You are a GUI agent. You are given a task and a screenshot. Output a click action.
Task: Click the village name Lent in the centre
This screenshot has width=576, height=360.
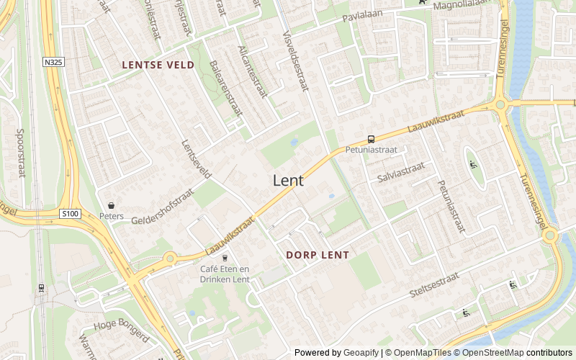[x=288, y=181]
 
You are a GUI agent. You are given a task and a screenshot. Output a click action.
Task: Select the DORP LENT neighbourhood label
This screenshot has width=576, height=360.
[x=318, y=255]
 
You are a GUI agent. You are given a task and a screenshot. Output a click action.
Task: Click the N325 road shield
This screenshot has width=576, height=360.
[x=53, y=63]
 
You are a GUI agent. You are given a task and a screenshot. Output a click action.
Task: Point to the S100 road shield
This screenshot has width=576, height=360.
[x=70, y=214]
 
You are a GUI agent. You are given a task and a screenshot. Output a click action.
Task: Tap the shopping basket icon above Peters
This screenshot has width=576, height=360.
[x=111, y=206]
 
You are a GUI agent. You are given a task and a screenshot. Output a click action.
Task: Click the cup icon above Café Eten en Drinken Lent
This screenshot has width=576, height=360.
[x=225, y=258]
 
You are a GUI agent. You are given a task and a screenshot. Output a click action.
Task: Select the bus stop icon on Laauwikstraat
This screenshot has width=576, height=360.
[x=371, y=139]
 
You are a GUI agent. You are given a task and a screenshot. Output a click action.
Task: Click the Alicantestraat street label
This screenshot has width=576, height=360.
[x=252, y=72]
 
